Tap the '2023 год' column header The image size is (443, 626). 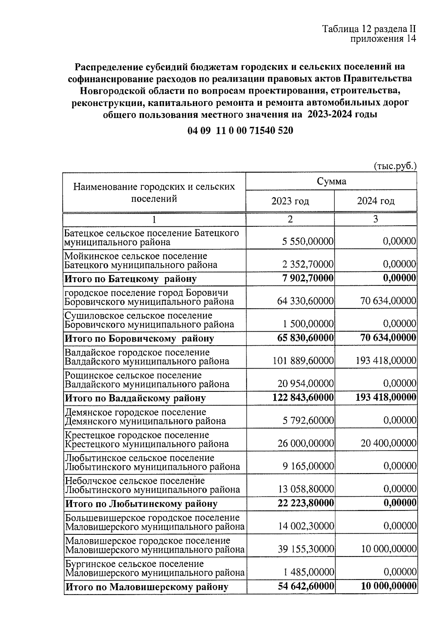tap(290, 201)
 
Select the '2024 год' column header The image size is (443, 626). tap(375, 201)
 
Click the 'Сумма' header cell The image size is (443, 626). tap(331, 181)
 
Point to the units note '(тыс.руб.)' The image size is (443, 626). tap(395, 167)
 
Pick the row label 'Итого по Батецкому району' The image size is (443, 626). tap(131, 279)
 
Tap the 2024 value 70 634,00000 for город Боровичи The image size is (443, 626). tap(388, 301)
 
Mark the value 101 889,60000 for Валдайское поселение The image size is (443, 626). tap(303, 361)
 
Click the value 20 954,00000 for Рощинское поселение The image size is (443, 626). tap(305, 384)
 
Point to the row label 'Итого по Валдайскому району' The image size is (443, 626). tap(135, 398)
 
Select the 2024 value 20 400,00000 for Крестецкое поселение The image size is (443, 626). tap(388, 443)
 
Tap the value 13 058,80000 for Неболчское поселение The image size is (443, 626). tap(305, 490)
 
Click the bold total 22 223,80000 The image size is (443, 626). tap(305, 503)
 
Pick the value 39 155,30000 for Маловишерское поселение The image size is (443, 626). tap(305, 549)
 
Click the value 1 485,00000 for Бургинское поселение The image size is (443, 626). tap(309, 572)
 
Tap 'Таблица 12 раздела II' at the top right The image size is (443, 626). tap(369, 29)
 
